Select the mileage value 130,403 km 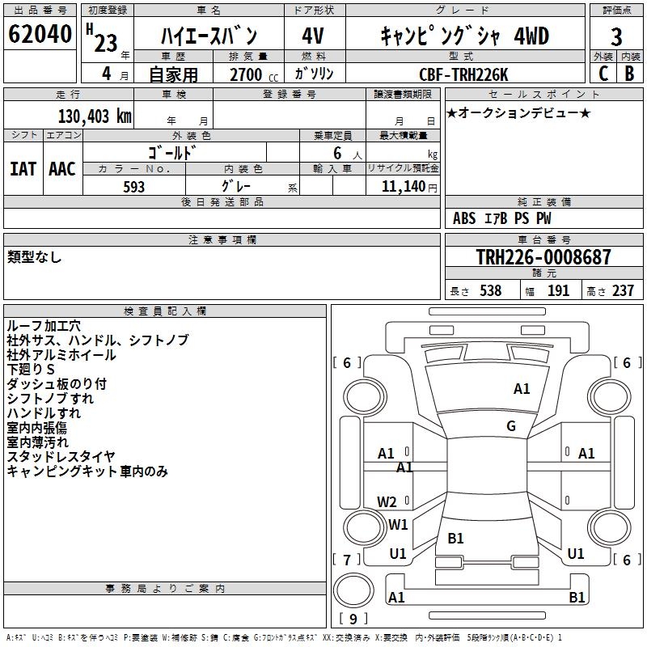point(95,116)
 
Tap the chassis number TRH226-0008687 point(543,257)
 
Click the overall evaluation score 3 point(617,36)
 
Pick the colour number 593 point(134,187)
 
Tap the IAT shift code point(23,168)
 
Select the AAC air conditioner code point(62,168)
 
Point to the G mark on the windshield point(511,426)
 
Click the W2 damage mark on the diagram point(387,501)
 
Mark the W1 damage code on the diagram point(398,524)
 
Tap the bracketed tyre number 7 point(347,560)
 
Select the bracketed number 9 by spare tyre point(353,620)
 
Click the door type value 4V point(313,36)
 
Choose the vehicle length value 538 point(490,290)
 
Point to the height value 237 point(623,290)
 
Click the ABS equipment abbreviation point(464,218)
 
